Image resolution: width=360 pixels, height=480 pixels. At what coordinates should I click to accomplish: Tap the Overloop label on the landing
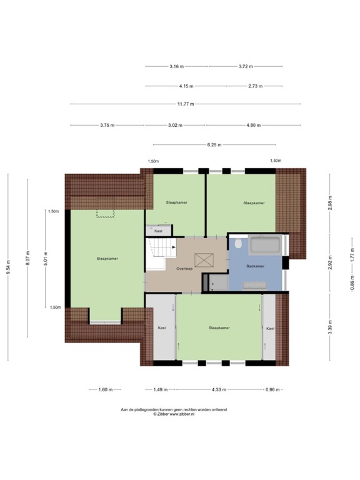184,268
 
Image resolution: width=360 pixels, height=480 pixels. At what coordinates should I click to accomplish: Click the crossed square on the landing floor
204,259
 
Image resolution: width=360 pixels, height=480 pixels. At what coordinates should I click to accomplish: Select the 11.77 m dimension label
185,104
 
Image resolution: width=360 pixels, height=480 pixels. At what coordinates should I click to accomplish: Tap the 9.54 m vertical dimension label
8,267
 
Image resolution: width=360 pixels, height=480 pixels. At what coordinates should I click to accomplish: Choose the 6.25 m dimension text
213,145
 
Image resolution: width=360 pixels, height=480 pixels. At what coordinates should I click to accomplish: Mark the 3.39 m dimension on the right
330,326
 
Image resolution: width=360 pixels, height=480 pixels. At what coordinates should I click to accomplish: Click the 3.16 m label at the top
177,66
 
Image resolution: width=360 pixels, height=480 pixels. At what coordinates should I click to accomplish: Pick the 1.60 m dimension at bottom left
106,389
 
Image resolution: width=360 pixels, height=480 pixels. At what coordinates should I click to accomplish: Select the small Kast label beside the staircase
158,231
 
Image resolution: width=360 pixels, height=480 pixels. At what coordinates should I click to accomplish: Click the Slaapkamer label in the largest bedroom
107,258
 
